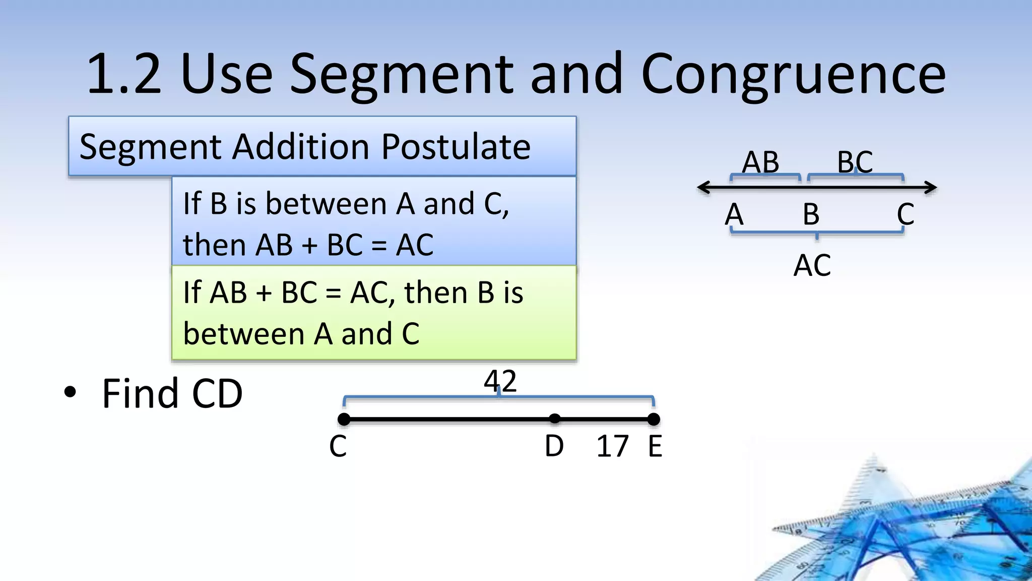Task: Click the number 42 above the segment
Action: pyautogui.click(x=500, y=381)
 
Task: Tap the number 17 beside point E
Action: pyautogui.click(x=612, y=446)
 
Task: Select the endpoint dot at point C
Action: pyautogui.click(x=344, y=419)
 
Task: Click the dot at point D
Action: pyautogui.click(x=554, y=419)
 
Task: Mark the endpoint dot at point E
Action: pyautogui.click(x=654, y=419)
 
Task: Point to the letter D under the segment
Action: pyautogui.click(x=554, y=446)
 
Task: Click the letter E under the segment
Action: pyautogui.click(x=655, y=446)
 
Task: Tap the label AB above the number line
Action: pyautogui.click(x=760, y=162)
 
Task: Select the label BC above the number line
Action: pyautogui.click(x=855, y=162)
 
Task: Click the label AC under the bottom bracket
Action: pyautogui.click(x=812, y=265)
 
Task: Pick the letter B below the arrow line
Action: pyautogui.click(x=811, y=214)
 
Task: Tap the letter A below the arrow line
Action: pyautogui.click(x=734, y=214)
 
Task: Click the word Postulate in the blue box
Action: pyautogui.click(x=456, y=147)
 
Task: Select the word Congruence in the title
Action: pyautogui.click(x=793, y=75)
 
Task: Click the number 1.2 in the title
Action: pyautogui.click(x=124, y=75)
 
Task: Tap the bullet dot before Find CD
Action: pyautogui.click(x=70, y=393)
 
